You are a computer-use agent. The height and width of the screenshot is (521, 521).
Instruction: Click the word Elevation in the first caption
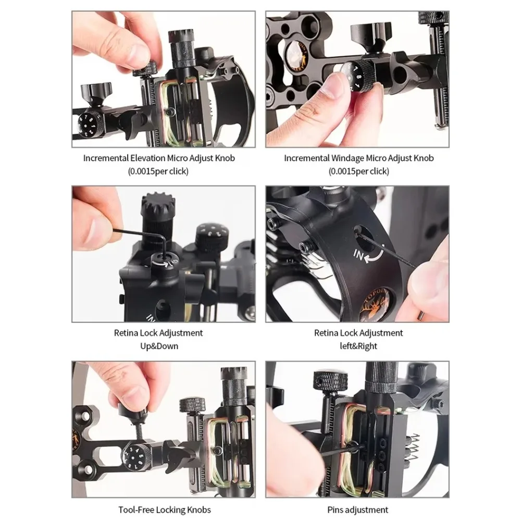click(x=147, y=158)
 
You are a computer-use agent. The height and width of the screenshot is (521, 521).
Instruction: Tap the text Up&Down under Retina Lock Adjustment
click(x=159, y=346)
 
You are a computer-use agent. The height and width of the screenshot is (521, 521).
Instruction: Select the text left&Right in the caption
click(x=358, y=346)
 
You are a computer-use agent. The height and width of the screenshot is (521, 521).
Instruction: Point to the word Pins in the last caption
click(x=334, y=510)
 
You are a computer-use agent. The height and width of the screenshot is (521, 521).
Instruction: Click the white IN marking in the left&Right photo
click(x=358, y=255)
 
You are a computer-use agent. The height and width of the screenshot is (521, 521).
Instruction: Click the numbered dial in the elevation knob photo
click(x=89, y=125)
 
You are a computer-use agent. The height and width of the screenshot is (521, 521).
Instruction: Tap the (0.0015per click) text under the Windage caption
click(x=358, y=171)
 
